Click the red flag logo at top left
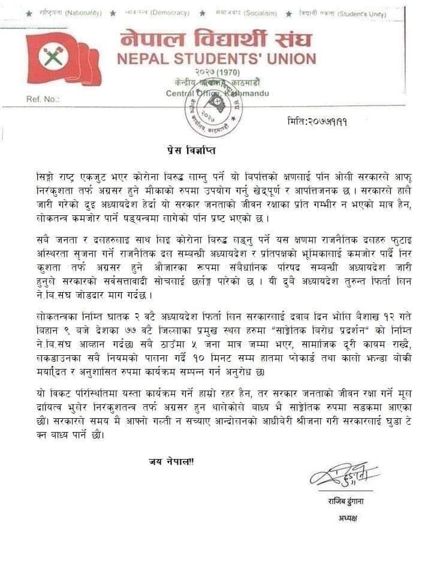63,59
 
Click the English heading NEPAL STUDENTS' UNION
216,59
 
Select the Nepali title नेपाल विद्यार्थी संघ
216,39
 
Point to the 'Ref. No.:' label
43,99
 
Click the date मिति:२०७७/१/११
317,121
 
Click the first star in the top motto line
29,13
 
